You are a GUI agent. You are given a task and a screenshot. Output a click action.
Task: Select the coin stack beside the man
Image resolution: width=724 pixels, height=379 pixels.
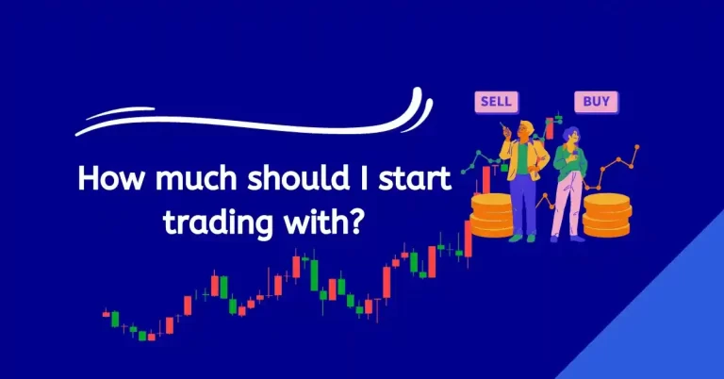(x=490, y=215)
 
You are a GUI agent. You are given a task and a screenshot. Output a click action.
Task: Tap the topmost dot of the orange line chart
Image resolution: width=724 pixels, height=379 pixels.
(x=636, y=148)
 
